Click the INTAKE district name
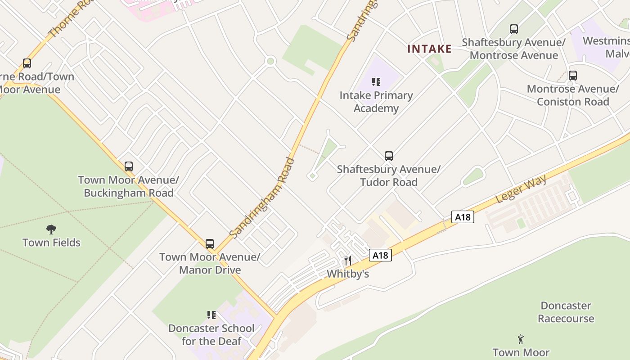429,49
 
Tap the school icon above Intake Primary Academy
376,82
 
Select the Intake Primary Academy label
376,102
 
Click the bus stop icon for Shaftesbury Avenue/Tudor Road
389,156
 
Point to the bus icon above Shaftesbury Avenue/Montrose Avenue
514,29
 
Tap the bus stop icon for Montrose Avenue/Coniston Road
572,76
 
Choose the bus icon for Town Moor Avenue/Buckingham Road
129,166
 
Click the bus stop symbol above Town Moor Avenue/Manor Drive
210,244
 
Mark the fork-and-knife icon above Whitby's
347,261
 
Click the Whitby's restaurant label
348,274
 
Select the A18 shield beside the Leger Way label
463,217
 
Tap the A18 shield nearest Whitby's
380,256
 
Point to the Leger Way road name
521,189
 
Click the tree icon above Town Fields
51,229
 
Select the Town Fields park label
51,243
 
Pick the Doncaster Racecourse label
566,312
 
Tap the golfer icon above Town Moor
521,339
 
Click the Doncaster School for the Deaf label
211,334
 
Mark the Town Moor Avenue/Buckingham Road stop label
129,186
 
